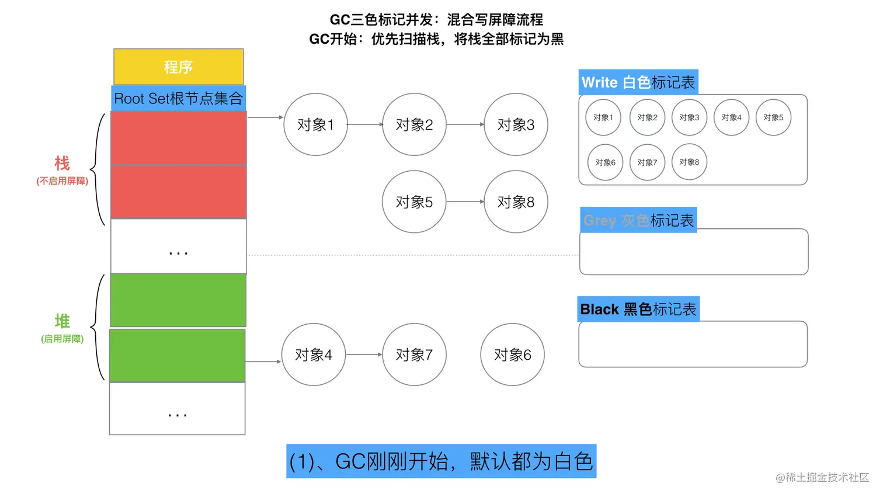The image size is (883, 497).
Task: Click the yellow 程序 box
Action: click(178, 67)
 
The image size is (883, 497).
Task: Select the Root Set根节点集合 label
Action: click(178, 99)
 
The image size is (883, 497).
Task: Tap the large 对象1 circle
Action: click(315, 124)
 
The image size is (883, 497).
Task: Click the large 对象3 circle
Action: click(516, 124)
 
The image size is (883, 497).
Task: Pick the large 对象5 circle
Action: click(414, 201)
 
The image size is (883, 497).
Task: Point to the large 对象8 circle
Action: click(516, 201)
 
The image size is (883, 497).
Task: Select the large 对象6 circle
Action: click(512, 354)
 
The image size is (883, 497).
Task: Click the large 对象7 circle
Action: click(414, 354)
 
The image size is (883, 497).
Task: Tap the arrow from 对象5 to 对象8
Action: click(465, 201)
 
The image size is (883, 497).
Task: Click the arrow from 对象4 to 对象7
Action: click(364, 354)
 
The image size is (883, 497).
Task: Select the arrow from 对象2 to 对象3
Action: click(465, 124)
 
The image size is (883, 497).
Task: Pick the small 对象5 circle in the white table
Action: click(773, 117)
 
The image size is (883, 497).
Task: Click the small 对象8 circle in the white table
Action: click(689, 162)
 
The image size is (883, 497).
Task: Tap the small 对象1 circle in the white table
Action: click(603, 117)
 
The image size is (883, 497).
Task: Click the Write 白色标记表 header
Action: click(638, 82)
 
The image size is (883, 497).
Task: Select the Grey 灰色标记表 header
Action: click(638, 220)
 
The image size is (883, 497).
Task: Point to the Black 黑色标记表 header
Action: click(638, 309)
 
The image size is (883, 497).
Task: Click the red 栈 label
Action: click(62, 164)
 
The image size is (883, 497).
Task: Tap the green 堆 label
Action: click(62, 321)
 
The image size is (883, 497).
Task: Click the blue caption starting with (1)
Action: click(441, 461)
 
